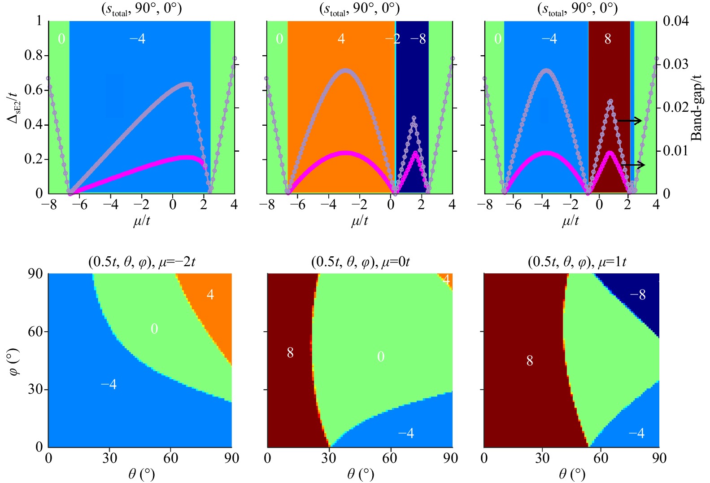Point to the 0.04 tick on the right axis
point(675,21)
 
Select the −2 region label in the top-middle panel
point(392,39)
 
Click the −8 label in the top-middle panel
point(418,39)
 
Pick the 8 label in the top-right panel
point(608,39)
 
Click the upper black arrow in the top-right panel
point(630,121)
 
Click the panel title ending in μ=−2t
point(142,262)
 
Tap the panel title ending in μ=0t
point(360,262)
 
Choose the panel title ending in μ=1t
point(577,262)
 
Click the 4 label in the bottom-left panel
point(210,294)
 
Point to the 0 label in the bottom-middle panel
point(381,357)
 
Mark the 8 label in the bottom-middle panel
point(290,353)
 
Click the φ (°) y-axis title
point(16,361)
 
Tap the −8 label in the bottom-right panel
point(638,295)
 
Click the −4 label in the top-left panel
point(137,39)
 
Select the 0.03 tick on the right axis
point(675,64)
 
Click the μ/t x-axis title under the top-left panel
point(142,221)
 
